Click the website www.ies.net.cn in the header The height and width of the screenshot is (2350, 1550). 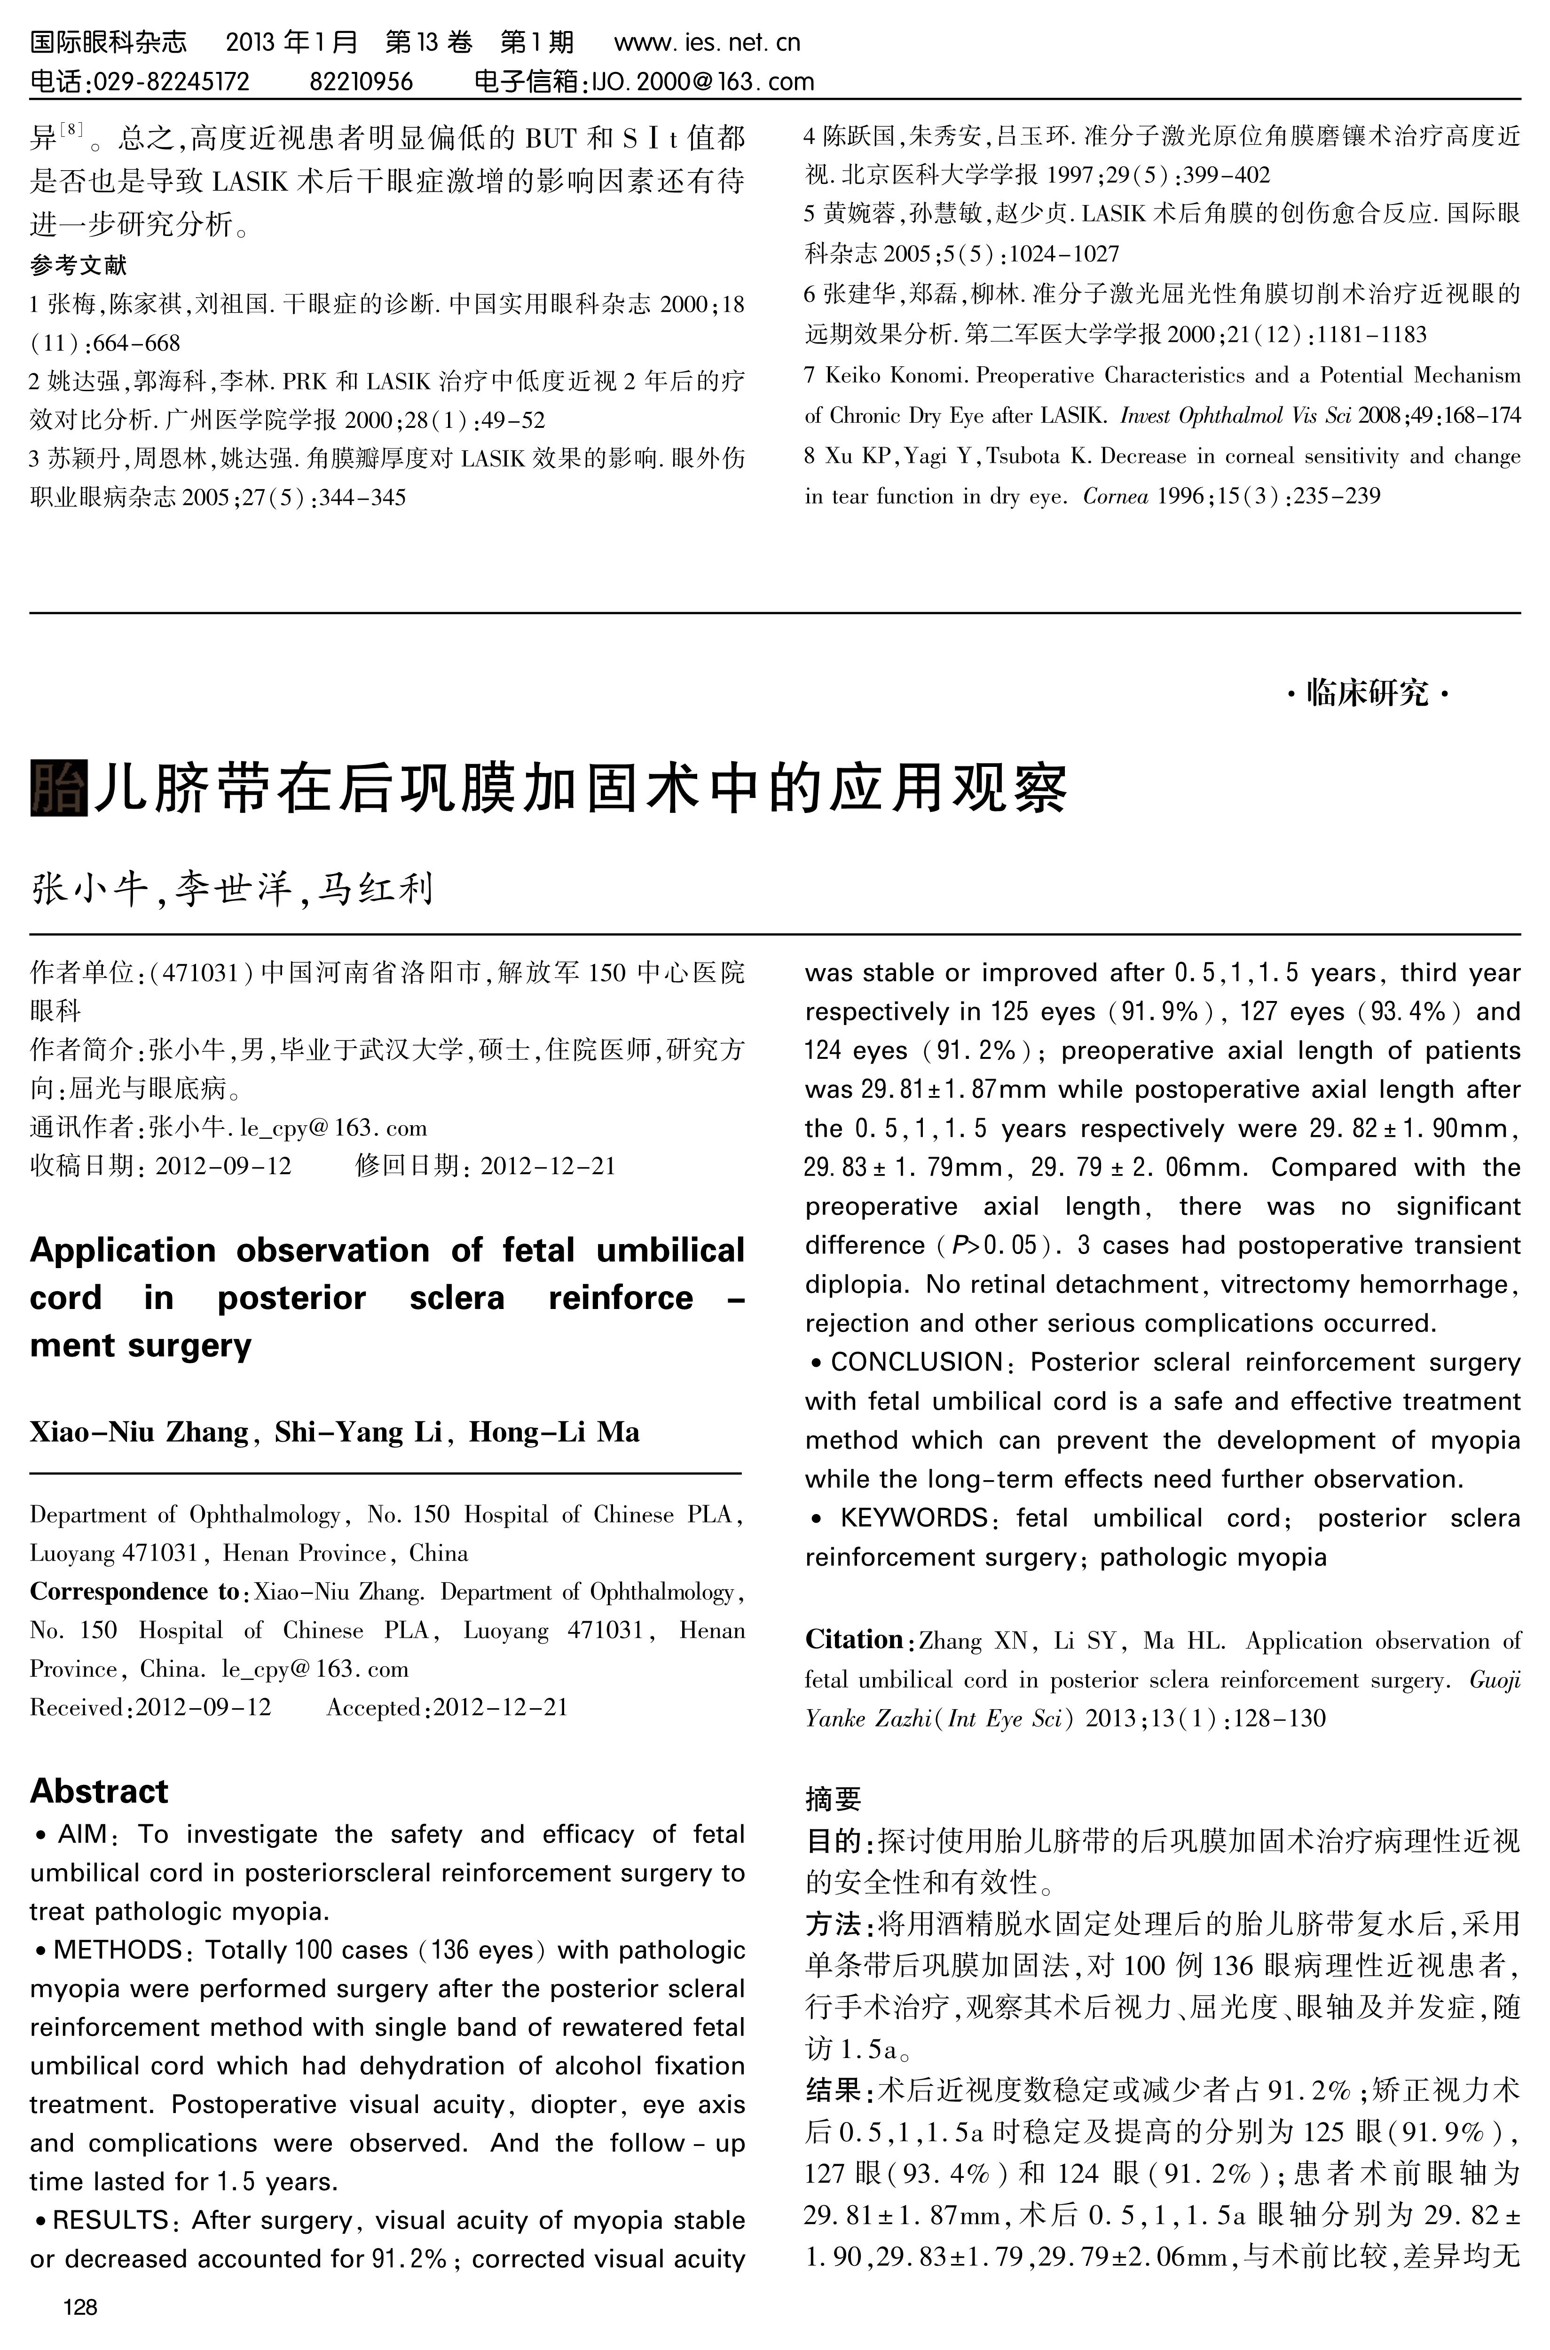[707, 42]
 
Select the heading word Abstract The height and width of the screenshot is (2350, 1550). [99, 1791]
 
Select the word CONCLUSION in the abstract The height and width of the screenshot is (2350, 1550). [916, 1362]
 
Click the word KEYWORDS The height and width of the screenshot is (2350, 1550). [913, 1519]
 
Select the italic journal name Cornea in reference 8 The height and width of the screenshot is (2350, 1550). [1115, 497]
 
